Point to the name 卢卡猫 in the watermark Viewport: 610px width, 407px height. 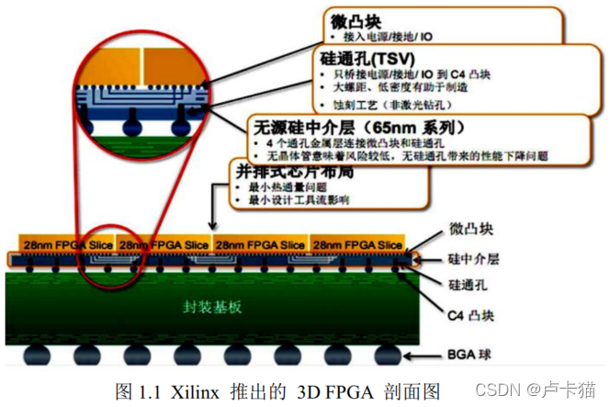coord(575,390)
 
